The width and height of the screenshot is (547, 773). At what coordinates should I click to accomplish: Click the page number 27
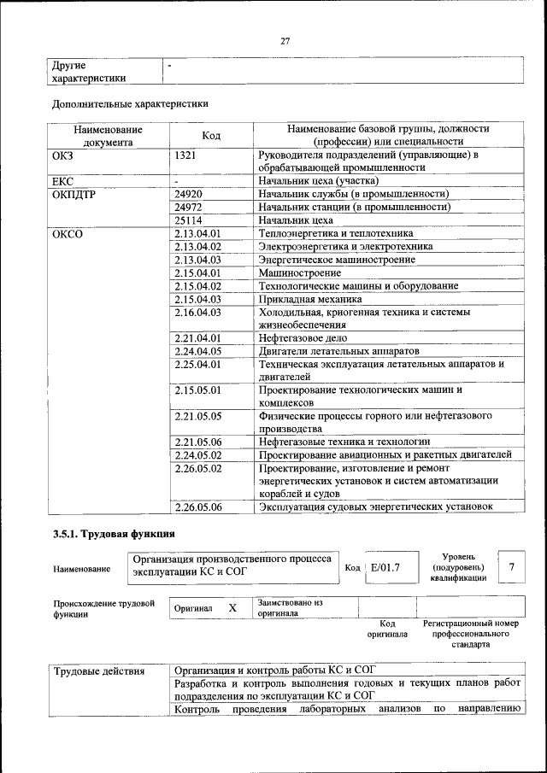tap(285, 41)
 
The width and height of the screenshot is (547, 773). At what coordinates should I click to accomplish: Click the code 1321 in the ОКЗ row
tap(185, 155)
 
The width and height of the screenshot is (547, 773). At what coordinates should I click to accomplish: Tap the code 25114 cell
tap(188, 220)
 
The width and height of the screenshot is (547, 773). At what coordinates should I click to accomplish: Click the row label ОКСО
tap(68, 233)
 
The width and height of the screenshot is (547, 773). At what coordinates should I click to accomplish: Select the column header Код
tap(211, 135)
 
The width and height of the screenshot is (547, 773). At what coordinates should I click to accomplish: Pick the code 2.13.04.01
tap(197, 233)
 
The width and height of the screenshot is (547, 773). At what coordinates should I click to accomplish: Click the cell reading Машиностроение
tap(296, 272)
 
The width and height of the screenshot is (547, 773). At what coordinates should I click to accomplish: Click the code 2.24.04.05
tap(197, 351)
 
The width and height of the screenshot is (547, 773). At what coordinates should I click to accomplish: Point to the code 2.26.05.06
tap(197, 507)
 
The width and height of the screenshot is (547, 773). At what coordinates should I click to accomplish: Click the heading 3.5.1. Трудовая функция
tap(107, 535)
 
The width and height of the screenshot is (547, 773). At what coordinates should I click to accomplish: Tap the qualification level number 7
tap(511, 567)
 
